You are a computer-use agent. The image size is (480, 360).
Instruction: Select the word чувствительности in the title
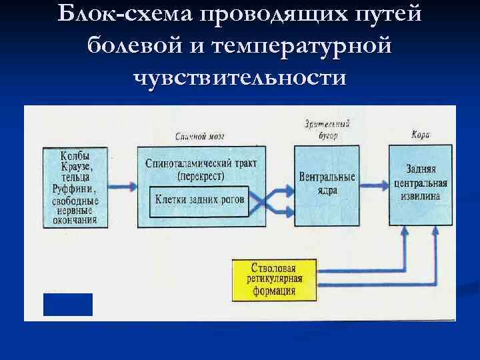point(240,78)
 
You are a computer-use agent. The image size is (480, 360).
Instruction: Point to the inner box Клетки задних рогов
point(200,199)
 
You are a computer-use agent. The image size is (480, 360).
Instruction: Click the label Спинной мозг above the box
point(199,136)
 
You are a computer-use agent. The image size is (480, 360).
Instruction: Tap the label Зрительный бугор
point(327,130)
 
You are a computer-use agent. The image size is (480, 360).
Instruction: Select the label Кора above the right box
point(421,135)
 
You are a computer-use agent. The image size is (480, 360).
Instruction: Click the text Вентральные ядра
point(327,184)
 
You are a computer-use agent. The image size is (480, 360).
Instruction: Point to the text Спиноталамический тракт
point(201,164)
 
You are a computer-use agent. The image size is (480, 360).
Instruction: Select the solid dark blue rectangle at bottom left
point(67,304)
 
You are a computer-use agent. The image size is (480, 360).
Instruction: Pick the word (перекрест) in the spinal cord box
point(201,177)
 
